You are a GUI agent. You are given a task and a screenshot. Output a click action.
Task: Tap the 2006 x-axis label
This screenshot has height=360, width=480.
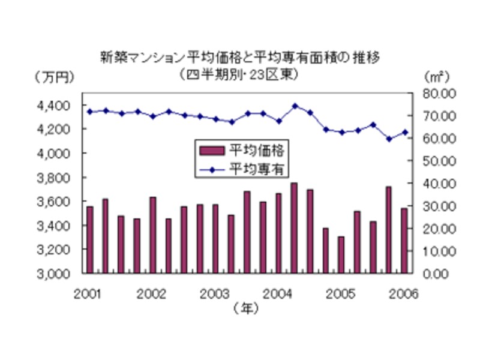404,294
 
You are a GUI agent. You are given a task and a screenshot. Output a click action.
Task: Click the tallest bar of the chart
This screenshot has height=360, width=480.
294,228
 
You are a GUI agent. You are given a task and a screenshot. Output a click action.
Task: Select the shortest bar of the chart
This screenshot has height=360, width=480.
341,255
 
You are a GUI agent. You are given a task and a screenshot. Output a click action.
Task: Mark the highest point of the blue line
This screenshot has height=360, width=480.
295,106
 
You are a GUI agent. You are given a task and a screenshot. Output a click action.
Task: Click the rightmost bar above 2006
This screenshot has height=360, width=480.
404,241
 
